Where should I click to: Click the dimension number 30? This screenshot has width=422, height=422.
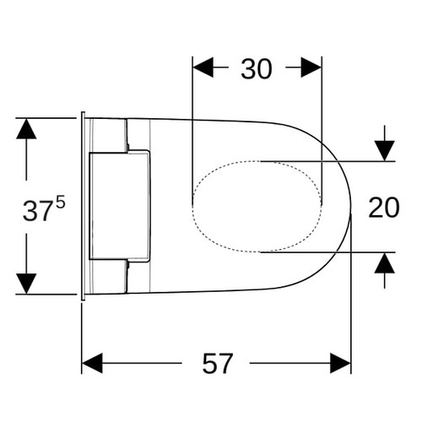pyautogui.click(x=257, y=69)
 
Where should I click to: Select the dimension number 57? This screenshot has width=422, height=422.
pyautogui.click(x=218, y=364)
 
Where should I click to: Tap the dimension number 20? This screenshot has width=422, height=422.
pyautogui.click(x=384, y=208)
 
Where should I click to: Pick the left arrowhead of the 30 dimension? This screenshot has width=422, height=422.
pyautogui.click(x=203, y=68)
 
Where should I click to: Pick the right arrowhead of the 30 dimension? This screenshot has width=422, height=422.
pyautogui.click(x=311, y=68)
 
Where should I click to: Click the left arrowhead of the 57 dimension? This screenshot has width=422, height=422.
pyautogui.click(x=92, y=363)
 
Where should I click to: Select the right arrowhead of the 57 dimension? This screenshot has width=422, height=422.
pyautogui.click(x=340, y=363)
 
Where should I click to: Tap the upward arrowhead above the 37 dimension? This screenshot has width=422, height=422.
pyautogui.click(x=26, y=129)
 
